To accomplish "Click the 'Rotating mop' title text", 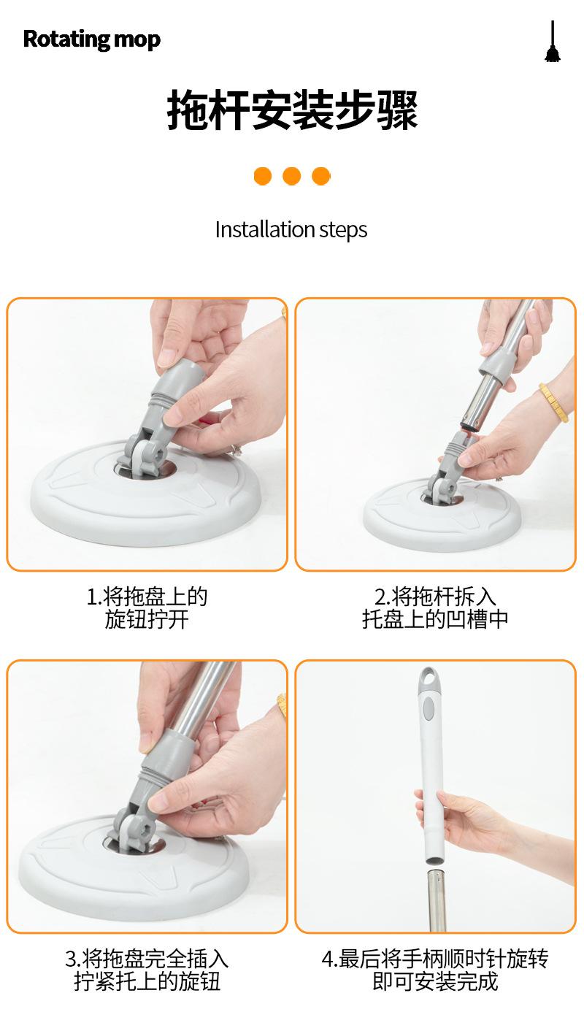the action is pos(91,39).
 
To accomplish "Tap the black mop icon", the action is pos(553,42).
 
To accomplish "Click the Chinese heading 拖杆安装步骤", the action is pos(292,110).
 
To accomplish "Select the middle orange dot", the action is pos(292,176).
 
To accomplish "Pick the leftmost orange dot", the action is pos(263,176).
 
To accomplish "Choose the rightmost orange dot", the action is pos(320,176).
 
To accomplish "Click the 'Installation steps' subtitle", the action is pos(291,230).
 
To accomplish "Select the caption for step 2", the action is pos(435,608).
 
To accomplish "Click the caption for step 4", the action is pos(435,970).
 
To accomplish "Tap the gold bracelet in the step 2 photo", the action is pos(554,402).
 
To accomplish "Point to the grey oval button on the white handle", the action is pos(429,708).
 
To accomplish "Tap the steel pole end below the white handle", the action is pos(435,899).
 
